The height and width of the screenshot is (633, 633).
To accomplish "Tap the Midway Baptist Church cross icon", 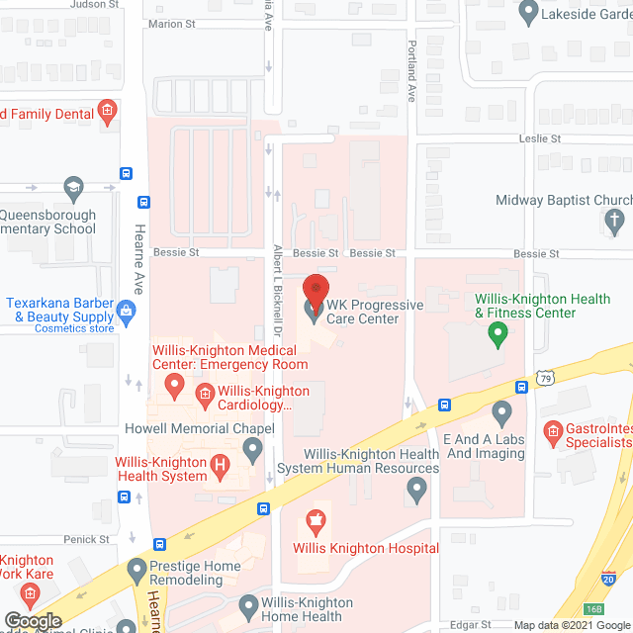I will tap(615, 220).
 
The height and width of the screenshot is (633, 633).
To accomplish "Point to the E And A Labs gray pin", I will tap(502, 410).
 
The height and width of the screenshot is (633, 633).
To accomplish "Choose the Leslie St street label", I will tap(541, 139).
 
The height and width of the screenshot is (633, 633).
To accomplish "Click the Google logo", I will tap(33, 621).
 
